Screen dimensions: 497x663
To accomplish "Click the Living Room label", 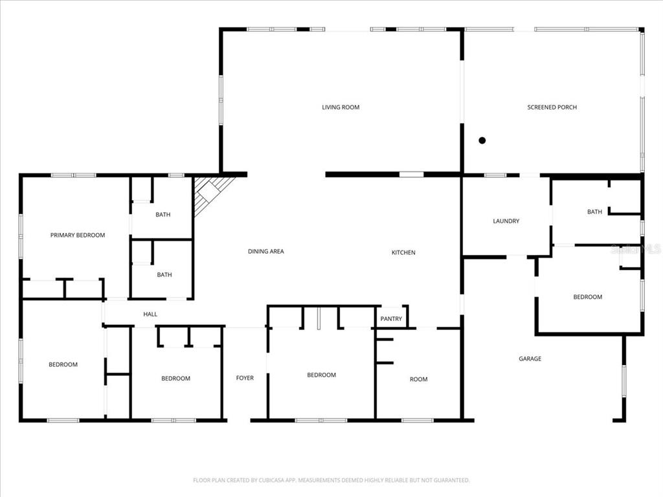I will click(341, 107).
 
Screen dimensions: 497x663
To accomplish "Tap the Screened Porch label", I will click(552, 107).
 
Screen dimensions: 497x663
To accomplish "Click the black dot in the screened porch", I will click(482, 140).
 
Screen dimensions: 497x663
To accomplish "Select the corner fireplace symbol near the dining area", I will click(211, 193).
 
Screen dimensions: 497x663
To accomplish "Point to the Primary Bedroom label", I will click(78, 236).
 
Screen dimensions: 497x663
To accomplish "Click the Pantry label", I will click(391, 319).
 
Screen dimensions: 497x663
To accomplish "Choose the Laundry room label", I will click(506, 221).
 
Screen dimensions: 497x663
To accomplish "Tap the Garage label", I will click(530, 359).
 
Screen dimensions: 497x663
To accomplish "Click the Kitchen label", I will click(403, 252).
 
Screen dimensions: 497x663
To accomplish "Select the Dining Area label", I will click(266, 252).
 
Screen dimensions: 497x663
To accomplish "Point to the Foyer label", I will click(245, 378).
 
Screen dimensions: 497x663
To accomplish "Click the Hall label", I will click(150, 315).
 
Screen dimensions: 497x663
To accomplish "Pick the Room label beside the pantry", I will click(418, 379).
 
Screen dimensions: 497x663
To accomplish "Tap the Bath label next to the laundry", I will click(594, 212).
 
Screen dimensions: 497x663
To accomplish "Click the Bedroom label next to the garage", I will click(587, 297).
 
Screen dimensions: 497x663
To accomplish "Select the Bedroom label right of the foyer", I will click(321, 375).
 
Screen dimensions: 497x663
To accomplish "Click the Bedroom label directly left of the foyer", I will click(175, 379).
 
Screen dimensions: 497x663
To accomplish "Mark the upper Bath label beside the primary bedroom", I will click(163, 215).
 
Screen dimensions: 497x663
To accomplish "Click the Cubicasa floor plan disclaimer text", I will click(331, 480).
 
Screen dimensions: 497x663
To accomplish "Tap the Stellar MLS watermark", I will click(637, 248).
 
